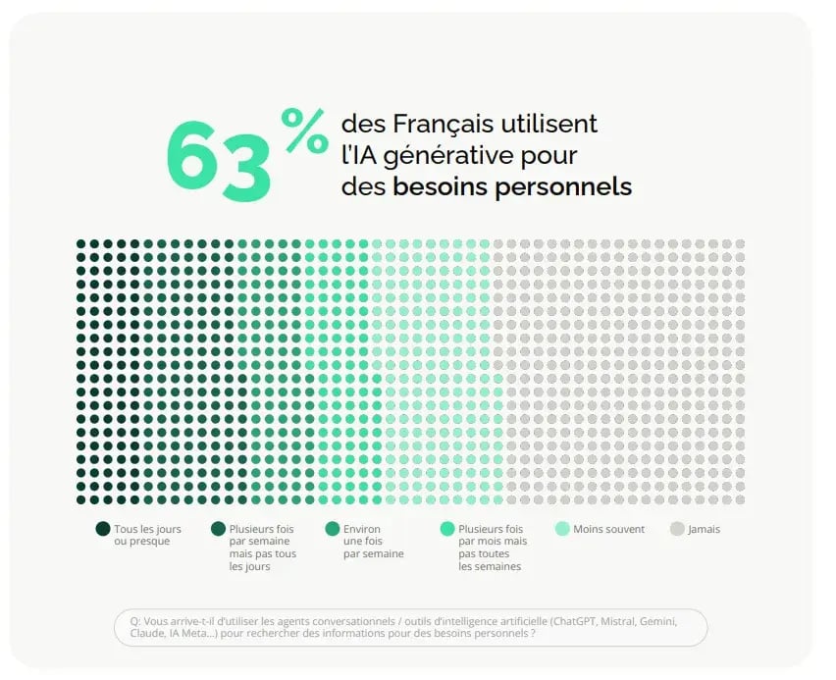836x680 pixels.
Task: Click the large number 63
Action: tap(219, 161)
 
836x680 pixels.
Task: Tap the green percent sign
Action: tap(304, 131)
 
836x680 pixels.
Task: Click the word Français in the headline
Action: tap(444, 124)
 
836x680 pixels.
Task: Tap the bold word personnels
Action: tap(563, 187)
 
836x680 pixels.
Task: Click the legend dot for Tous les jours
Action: tap(103, 529)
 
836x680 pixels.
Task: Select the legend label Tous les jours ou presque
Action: tap(148, 535)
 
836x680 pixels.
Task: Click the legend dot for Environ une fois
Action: tap(333, 529)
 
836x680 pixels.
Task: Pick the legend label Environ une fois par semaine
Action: tap(373, 542)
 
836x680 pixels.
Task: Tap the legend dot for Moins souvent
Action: tap(562, 529)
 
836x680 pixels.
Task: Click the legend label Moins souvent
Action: tap(609, 529)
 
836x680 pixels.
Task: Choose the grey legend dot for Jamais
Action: tap(677, 529)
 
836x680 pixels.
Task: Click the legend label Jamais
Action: tap(704, 530)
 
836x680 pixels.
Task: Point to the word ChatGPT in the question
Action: tap(575, 621)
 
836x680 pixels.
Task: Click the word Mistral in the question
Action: tap(618, 621)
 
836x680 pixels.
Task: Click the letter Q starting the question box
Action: tap(134, 621)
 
